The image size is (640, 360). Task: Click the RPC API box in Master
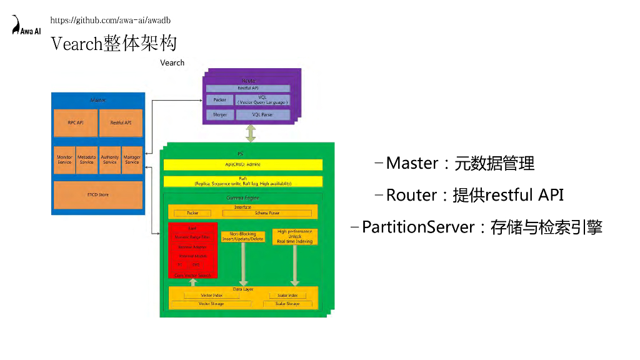[76, 122]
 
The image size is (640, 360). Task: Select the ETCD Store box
[97, 195]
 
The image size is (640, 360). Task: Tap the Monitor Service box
[64, 160]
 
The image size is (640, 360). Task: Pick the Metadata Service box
[87, 160]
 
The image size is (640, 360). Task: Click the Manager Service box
[132, 160]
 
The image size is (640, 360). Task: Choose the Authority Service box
[109, 160]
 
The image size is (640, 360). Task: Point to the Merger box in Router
[219, 115]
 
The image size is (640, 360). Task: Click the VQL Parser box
[263, 115]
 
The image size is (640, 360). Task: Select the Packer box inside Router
[219, 100]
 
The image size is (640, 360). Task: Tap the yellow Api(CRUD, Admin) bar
[242, 164]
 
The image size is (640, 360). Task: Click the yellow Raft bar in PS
[242, 181]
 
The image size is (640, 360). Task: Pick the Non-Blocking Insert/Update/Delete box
[243, 237]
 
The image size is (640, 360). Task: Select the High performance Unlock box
[295, 236]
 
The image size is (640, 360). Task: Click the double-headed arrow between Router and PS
[251, 132]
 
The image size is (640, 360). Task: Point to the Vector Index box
[212, 295]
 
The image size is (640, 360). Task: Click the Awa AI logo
[26, 26]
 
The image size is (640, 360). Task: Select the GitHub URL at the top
[110, 21]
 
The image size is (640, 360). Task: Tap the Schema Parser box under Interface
[267, 213]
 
